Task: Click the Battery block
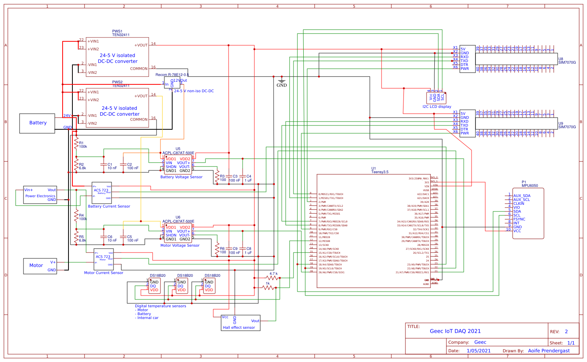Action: tap(37, 123)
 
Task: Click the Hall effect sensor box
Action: tap(240, 323)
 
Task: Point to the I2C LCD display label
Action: tap(437, 107)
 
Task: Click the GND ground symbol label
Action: tap(282, 85)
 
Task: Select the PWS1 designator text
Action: tap(117, 31)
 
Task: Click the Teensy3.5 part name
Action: tap(380, 172)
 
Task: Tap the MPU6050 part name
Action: tap(529, 186)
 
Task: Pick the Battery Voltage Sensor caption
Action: tap(181, 177)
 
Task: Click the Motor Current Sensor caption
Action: tap(104, 273)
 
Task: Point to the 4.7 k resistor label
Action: tap(274, 274)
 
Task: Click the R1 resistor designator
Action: tap(81, 143)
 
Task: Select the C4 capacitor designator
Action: tap(249, 176)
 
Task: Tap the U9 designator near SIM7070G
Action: tap(561, 124)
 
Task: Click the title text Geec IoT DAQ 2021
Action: tap(455, 331)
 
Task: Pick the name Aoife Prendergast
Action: tap(549, 351)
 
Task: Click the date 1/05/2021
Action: tap(478, 351)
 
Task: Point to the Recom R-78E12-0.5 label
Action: tap(172, 75)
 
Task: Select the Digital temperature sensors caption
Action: tap(160, 306)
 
